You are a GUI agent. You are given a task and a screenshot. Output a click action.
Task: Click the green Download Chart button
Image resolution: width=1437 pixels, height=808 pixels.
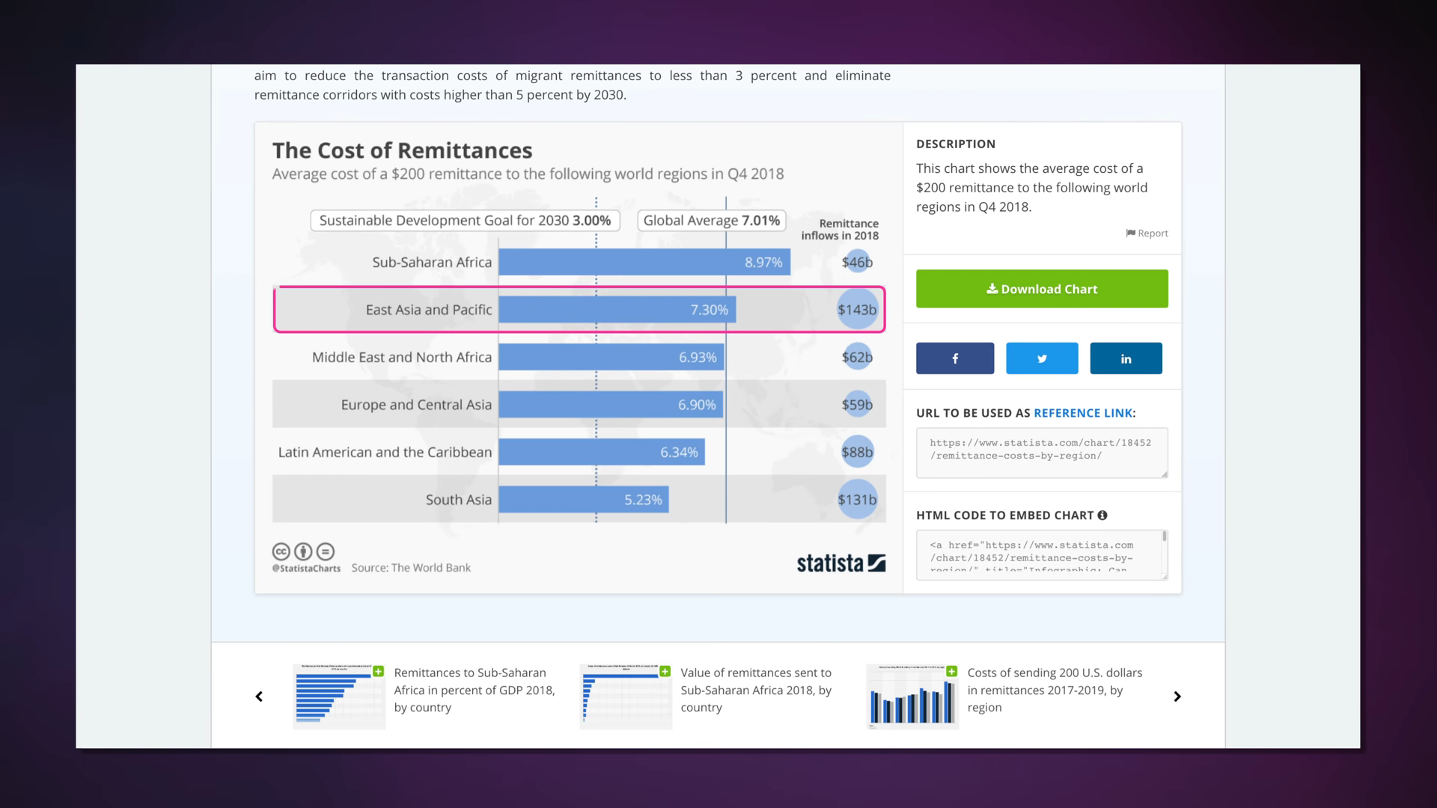coord(1041,289)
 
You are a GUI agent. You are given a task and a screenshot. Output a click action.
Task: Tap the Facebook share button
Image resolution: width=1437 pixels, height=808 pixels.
coord(954,358)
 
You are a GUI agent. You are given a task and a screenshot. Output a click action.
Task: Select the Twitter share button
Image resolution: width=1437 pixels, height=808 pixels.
coord(1041,358)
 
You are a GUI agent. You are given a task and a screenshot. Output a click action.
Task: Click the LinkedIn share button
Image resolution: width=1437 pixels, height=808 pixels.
coord(1125,358)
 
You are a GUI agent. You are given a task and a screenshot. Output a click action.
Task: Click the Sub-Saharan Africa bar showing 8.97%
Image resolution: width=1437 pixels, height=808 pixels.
coord(644,262)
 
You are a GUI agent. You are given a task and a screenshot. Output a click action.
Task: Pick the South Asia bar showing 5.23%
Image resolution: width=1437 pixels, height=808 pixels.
coord(583,500)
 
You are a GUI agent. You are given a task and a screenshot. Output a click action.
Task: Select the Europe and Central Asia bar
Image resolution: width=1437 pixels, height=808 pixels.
coord(610,405)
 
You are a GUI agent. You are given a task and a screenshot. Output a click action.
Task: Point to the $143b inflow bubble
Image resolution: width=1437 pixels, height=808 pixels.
coord(856,310)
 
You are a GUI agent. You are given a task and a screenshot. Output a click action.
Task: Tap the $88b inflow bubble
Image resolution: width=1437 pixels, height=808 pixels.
coord(856,452)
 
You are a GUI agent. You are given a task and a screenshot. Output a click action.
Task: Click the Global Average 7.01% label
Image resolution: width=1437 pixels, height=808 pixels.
coord(711,221)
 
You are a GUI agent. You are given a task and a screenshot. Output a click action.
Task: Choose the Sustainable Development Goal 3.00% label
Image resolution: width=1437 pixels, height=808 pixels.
coord(465,221)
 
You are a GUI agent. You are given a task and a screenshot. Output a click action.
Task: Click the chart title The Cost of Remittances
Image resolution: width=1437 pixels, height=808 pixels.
coord(402,150)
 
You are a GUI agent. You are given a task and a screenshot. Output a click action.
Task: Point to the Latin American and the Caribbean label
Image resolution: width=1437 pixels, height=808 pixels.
coord(385,452)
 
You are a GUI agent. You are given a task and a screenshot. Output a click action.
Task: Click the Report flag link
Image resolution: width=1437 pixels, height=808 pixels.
coord(1147,233)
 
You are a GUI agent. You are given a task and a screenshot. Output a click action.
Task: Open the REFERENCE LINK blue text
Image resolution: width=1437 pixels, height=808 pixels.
coord(1082,413)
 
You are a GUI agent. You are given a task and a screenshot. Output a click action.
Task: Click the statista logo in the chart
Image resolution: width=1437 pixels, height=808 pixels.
coord(840,563)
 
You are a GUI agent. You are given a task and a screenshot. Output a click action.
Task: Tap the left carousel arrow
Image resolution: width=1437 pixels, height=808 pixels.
coord(259,697)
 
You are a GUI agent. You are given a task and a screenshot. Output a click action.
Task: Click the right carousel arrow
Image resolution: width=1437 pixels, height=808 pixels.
coord(1177,697)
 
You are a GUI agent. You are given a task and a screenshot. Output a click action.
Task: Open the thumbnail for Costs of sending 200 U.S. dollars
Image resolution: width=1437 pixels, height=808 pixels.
coord(912,696)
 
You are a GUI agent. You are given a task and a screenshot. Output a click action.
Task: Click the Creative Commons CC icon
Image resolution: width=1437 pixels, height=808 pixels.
coord(281,552)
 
